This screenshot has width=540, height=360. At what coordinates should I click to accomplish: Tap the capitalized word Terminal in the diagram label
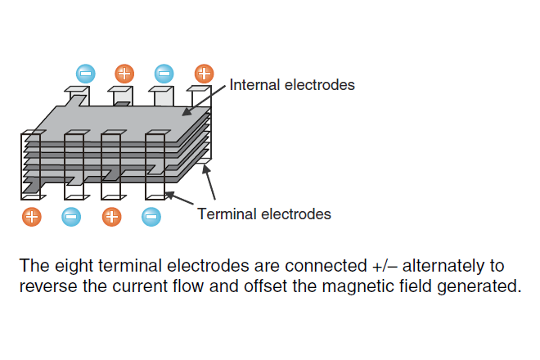[223, 214]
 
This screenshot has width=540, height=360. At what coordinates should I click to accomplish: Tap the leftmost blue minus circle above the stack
[85, 73]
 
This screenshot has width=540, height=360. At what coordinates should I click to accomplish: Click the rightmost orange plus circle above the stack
[203, 73]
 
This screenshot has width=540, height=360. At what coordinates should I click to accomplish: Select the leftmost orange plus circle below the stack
[31, 217]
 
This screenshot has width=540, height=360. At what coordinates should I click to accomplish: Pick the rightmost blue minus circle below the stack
[151, 217]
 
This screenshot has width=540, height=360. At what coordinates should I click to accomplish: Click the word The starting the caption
[33, 266]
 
